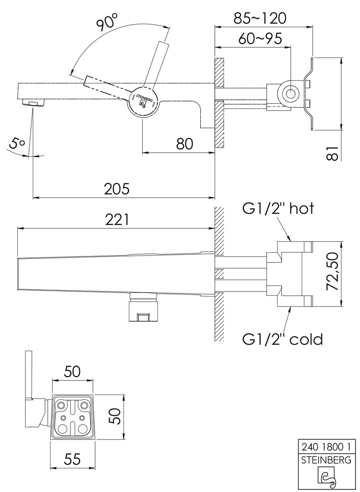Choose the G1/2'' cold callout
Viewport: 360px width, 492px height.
[x=282, y=339]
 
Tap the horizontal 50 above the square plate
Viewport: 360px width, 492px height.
[x=73, y=371]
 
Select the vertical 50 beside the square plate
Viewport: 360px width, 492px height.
[x=118, y=416]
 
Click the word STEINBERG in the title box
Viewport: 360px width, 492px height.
[x=324, y=460]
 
